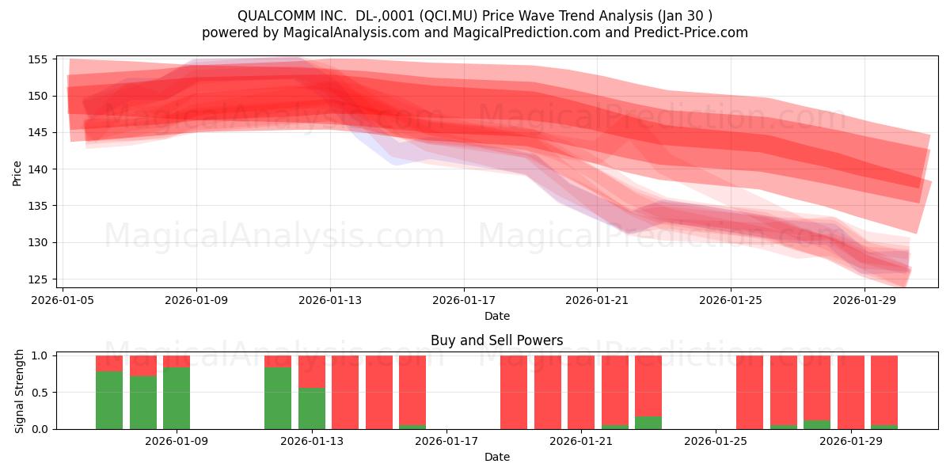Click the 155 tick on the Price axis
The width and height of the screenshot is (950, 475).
coord(37,59)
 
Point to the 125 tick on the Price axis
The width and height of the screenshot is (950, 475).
coord(37,279)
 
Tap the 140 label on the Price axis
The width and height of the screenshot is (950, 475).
coord(37,169)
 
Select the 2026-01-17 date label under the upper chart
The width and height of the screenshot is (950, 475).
coord(464,300)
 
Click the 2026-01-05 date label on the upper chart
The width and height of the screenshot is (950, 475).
coord(63,300)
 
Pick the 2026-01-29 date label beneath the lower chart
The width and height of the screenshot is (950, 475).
coord(851,442)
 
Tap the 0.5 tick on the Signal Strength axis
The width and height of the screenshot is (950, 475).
coord(40,393)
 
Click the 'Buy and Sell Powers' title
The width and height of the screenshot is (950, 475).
coord(496,340)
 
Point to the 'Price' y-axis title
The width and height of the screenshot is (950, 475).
coord(17,173)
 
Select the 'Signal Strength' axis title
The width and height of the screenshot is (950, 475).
coord(19,391)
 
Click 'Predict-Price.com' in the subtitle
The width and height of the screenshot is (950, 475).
coord(691,32)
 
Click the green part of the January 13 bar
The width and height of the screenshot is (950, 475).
coord(312,408)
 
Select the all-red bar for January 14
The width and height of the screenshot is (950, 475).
coord(345,393)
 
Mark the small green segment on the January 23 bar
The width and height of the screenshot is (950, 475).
coord(648,423)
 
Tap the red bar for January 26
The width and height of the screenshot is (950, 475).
coord(750,393)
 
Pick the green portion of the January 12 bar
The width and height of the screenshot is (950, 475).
coord(278,398)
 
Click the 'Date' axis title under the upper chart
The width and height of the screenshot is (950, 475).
coord(497,316)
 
